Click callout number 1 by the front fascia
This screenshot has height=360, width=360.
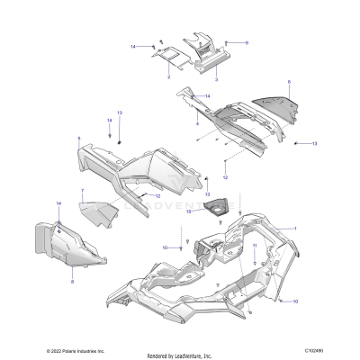(293, 229)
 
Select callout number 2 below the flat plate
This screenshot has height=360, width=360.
(168, 77)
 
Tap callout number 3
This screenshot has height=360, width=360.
(216, 78)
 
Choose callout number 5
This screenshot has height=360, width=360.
(79, 138)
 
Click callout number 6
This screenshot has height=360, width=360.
(289, 82)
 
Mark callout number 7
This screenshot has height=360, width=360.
(83, 191)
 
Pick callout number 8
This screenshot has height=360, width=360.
(72, 281)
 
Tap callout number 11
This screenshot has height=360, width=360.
(255, 245)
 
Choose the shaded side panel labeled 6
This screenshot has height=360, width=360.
(277, 108)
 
